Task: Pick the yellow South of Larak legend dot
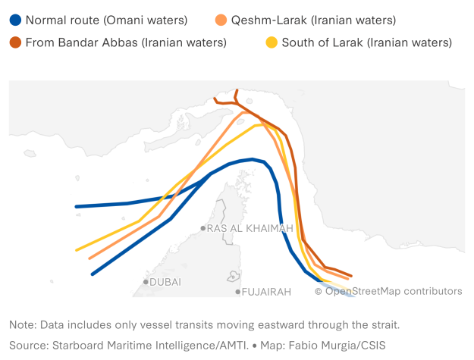click(x=272, y=42)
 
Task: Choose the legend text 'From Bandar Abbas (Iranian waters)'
click(x=126, y=42)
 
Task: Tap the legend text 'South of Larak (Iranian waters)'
click(x=366, y=42)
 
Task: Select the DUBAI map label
click(x=165, y=282)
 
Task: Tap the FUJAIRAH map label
click(x=266, y=291)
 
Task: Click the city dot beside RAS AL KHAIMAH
click(x=203, y=228)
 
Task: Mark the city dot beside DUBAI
click(x=146, y=282)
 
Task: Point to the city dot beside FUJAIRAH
click(x=238, y=291)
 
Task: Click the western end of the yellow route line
click(x=77, y=249)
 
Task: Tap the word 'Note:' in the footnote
click(x=22, y=325)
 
